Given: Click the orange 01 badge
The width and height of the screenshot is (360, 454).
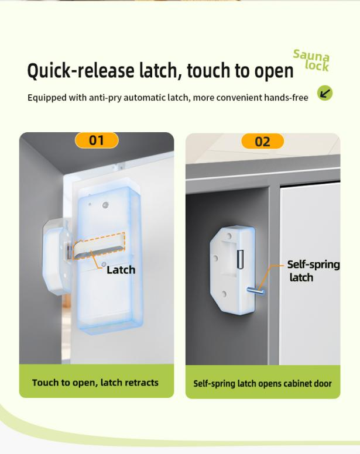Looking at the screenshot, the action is [97, 140].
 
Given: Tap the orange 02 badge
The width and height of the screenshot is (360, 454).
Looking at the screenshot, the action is [262, 142].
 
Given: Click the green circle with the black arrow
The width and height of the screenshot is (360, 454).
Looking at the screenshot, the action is [325, 93].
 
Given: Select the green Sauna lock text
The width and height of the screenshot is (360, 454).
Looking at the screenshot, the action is [311, 60].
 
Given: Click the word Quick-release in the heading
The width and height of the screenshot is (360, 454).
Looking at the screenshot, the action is [81, 71].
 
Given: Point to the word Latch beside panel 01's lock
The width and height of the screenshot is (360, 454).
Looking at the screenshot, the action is [121, 270].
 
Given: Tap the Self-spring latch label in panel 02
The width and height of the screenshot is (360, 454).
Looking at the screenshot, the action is [313, 271].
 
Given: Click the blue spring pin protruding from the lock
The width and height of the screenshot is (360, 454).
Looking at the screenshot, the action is [256, 290].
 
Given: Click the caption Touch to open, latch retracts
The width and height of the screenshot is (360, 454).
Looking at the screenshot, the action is [95, 383].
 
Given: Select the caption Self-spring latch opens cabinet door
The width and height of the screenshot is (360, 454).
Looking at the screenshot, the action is [262, 383].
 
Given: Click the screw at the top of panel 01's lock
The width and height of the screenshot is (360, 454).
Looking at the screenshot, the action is [106, 205].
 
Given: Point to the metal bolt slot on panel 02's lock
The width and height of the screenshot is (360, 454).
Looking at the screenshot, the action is [240, 259].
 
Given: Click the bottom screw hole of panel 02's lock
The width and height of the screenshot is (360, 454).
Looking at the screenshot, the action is [224, 294].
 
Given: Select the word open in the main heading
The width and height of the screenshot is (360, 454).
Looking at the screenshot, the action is [274, 71].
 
